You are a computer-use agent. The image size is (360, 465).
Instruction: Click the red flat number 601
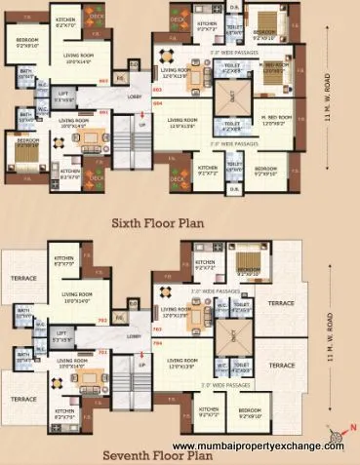[x=102, y=112]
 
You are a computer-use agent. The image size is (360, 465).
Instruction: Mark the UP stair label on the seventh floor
[x=142, y=364]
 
